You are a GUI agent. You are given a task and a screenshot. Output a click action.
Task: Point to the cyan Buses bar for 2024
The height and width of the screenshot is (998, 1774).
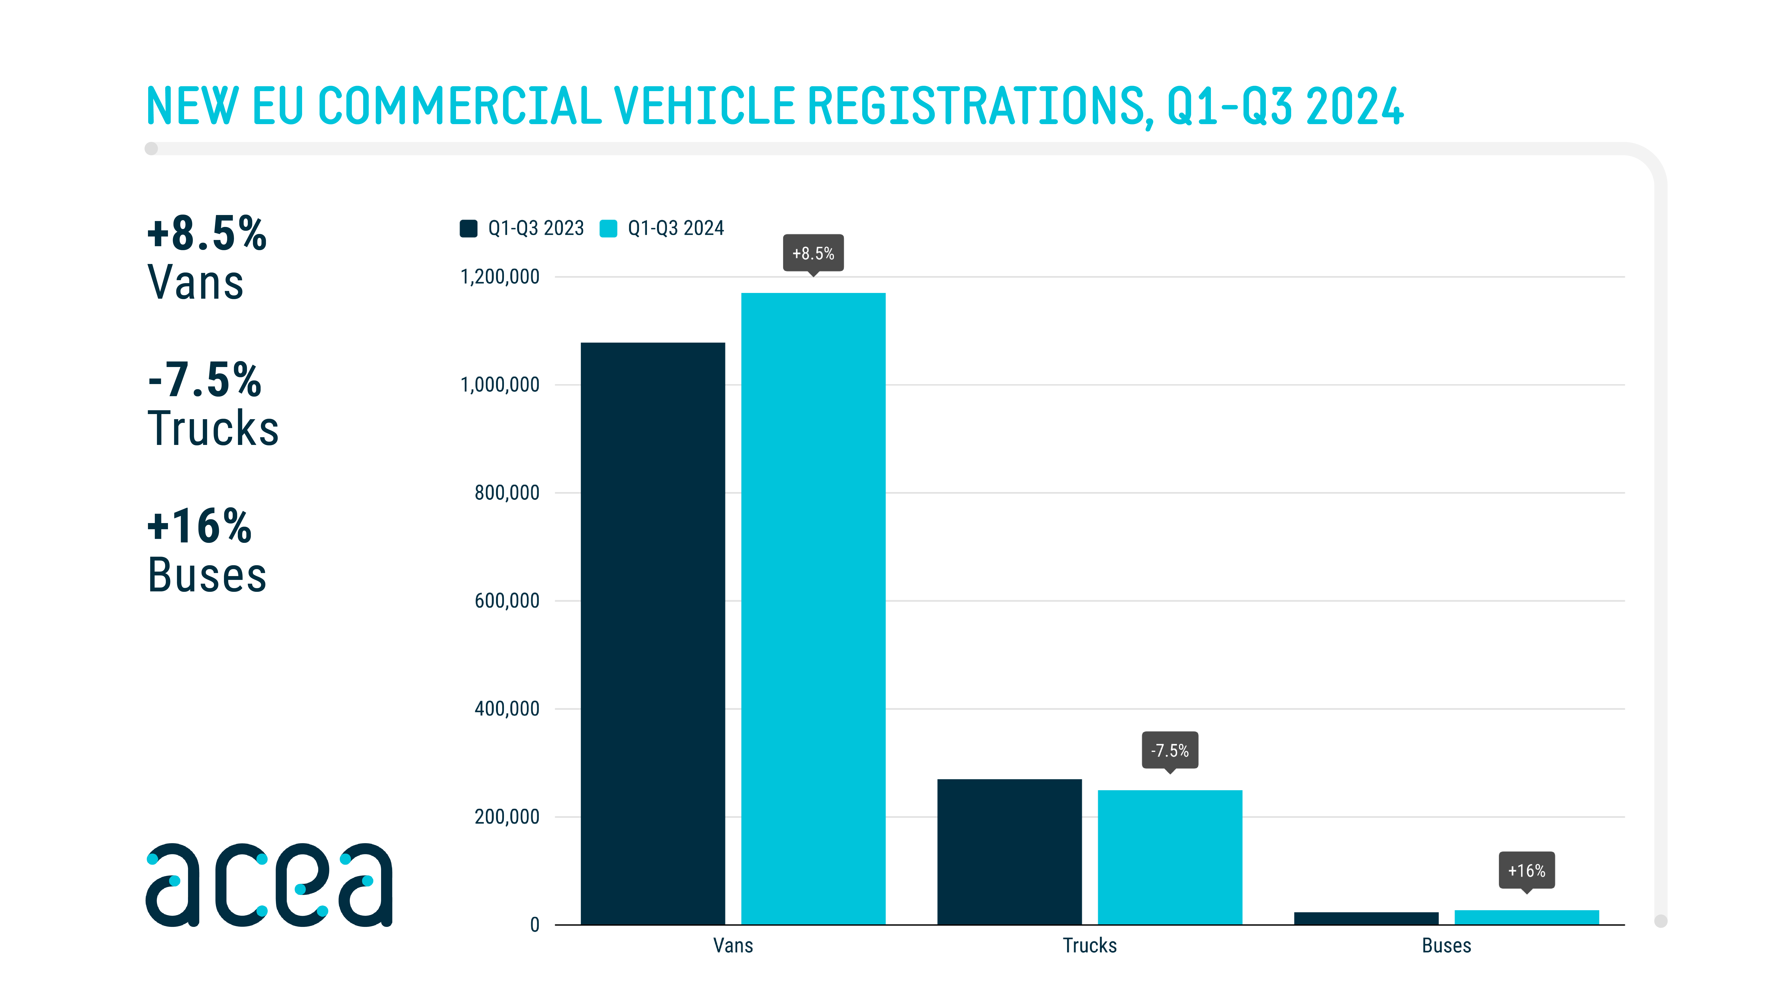[1526, 917]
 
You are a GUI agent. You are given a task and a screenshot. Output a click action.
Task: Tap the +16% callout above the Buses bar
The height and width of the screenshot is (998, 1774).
[1526, 870]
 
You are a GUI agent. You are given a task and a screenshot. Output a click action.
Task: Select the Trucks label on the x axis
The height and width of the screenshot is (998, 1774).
[1090, 945]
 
